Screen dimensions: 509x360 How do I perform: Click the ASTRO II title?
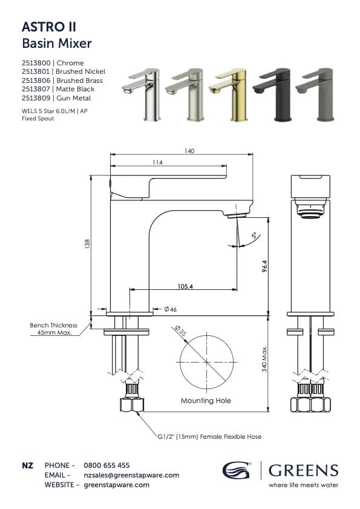click(x=49, y=27)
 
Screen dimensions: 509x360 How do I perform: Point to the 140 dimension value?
click(x=189, y=151)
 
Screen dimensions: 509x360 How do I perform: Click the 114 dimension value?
click(x=157, y=162)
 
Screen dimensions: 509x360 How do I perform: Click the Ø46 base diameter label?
click(x=170, y=310)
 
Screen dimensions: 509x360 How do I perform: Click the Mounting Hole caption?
click(x=206, y=401)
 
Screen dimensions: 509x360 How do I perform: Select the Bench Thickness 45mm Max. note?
click(x=54, y=329)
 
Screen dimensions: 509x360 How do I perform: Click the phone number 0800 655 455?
click(x=106, y=465)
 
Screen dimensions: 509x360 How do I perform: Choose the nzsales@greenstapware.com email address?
click(x=131, y=475)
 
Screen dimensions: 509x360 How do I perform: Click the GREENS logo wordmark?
click(x=303, y=470)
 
